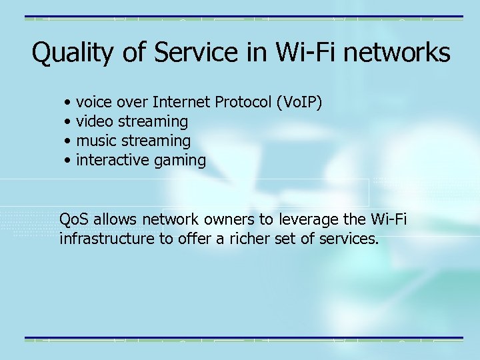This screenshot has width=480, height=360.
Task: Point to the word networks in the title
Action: [404, 53]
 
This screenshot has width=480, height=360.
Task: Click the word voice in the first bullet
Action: [94, 102]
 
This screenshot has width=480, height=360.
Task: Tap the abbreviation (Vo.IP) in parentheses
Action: [299, 102]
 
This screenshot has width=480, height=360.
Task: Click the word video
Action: [95, 121]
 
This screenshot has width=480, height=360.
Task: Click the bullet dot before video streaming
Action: [69, 122]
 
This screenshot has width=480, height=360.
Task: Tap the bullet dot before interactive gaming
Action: [69, 161]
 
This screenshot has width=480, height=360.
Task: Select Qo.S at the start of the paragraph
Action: [75, 219]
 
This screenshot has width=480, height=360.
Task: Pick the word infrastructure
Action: [107, 238]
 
